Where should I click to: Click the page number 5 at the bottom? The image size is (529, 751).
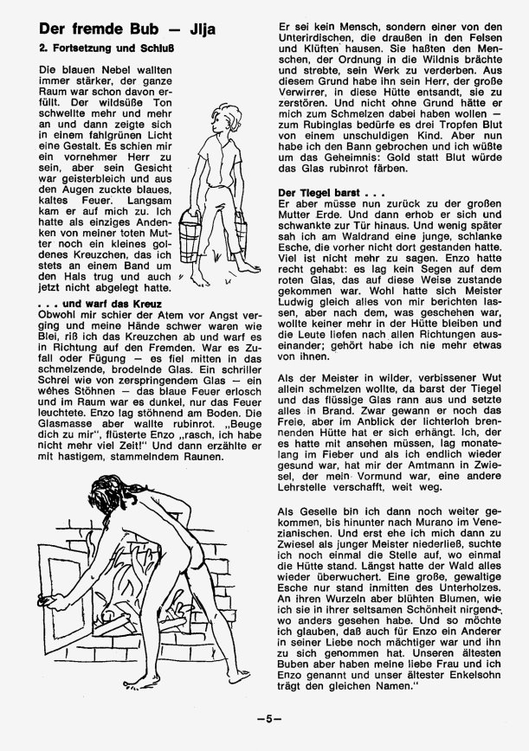[264, 717]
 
